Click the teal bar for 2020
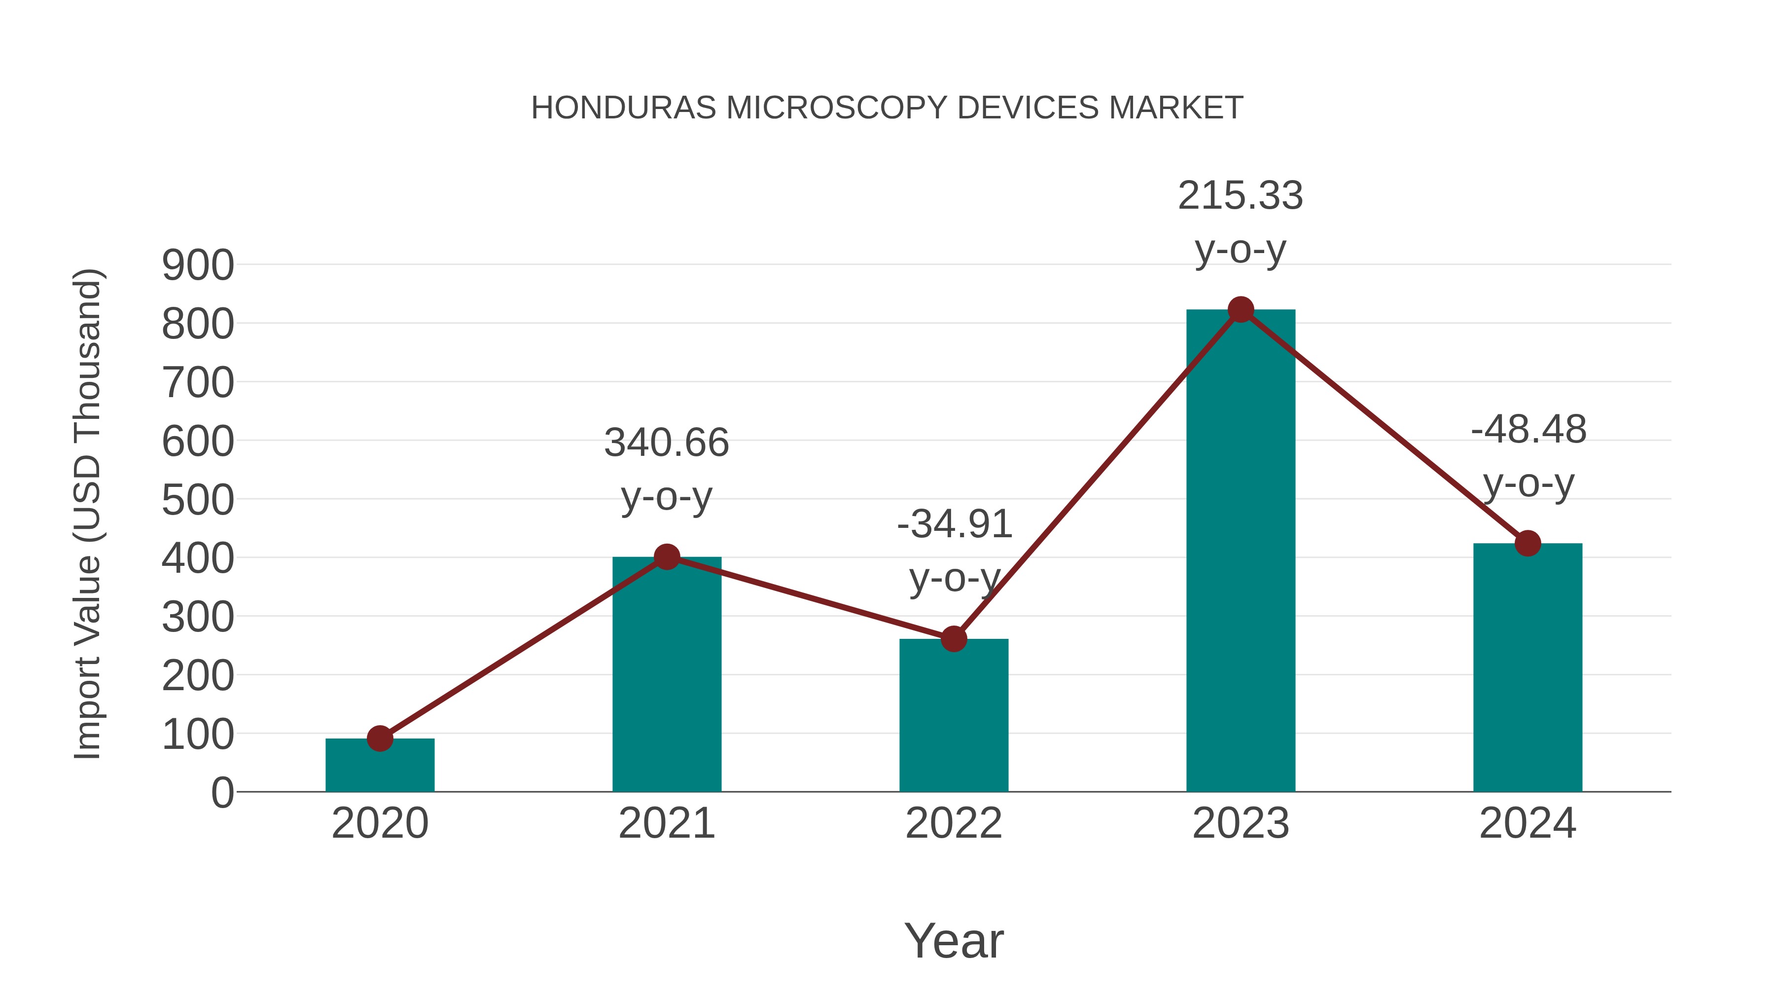(x=380, y=767)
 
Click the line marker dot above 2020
(x=380, y=739)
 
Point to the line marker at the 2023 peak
(x=1241, y=309)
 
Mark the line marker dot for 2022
(x=954, y=639)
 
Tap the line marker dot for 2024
(x=1527, y=543)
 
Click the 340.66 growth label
(x=666, y=443)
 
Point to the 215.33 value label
(x=1241, y=196)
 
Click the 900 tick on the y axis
(x=198, y=265)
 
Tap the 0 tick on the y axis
(x=222, y=793)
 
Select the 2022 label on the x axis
(x=954, y=823)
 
